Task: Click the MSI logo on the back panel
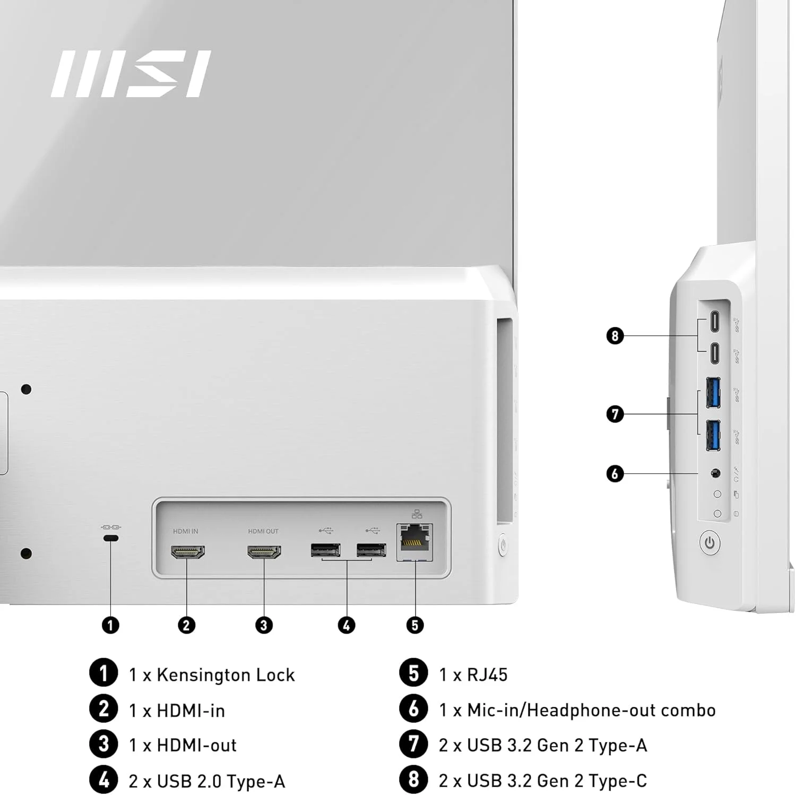(x=131, y=74)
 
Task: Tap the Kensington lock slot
(x=111, y=539)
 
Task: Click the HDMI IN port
(x=187, y=552)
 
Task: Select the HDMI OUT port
(x=264, y=552)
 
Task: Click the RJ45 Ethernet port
(x=414, y=541)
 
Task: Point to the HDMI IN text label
(x=185, y=531)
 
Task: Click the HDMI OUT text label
(x=263, y=531)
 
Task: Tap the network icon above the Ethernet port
(x=417, y=514)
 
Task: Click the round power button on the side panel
(x=710, y=543)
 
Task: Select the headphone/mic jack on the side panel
(x=715, y=472)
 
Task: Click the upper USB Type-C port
(x=715, y=321)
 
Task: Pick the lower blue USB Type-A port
(x=713, y=435)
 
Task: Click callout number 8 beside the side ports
(x=615, y=335)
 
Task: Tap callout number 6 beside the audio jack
(x=615, y=473)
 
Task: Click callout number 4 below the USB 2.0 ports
(x=346, y=625)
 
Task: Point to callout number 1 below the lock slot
(x=110, y=625)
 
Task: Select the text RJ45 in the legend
(x=487, y=675)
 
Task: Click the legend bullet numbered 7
(x=413, y=744)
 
